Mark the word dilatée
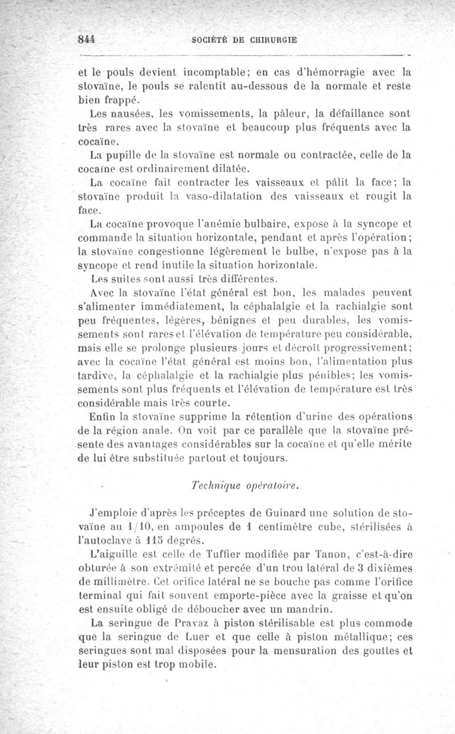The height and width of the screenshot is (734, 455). [x=228, y=169]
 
